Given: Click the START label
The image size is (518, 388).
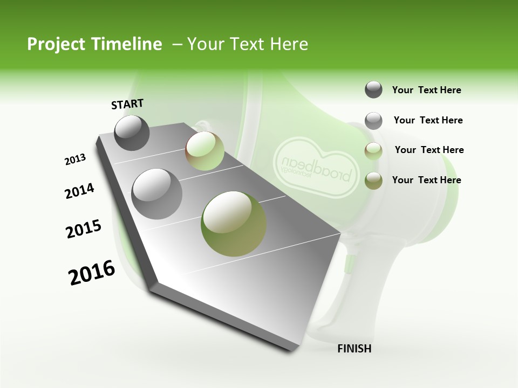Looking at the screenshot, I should click(127, 104).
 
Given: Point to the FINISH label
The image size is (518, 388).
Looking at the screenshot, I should click(354, 349).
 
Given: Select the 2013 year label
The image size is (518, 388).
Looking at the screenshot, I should click(75, 160).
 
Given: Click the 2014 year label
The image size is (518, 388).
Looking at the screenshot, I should click(79, 191).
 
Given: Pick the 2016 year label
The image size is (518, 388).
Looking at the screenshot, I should click(92, 273).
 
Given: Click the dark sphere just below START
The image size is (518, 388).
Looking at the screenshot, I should click(132, 133).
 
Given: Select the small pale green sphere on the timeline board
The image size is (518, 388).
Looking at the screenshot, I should click(205, 151).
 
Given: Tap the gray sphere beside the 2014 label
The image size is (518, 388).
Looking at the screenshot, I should click(157, 193).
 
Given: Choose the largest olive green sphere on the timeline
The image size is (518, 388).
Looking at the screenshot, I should click(234, 224).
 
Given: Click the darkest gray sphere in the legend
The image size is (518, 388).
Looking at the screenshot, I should click(373, 90).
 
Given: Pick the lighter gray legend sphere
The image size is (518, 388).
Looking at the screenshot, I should click(373, 121).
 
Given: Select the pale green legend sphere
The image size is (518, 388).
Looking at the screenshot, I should click(373, 151).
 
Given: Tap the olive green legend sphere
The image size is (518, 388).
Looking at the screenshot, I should click(373, 181).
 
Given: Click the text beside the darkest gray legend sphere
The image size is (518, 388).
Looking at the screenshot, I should click(426, 90).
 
